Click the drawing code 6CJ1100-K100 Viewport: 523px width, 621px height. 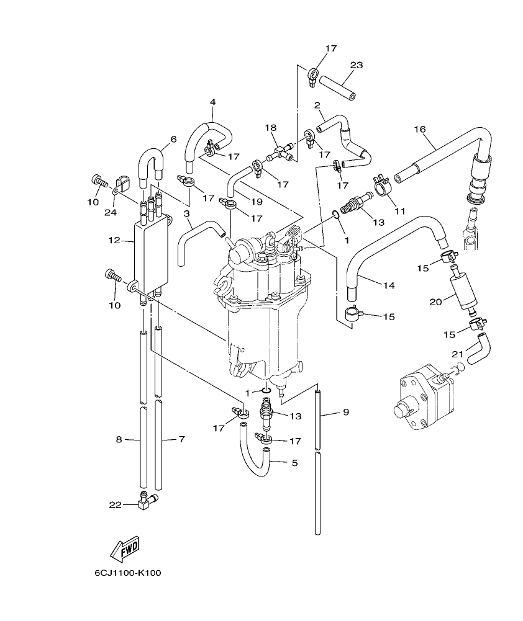[x=127, y=573]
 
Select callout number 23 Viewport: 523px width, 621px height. [x=356, y=65]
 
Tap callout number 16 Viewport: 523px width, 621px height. [x=419, y=129]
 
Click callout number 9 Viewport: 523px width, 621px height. [x=346, y=411]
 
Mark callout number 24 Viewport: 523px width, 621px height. [x=111, y=212]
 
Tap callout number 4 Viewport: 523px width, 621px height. [x=212, y=102]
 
